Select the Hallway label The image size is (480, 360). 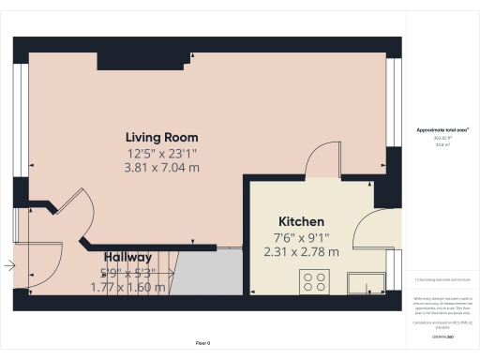click(x=127, y=257)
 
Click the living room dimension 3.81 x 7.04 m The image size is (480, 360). click(x=162, y=167)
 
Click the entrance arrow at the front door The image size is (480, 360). click(x=9, y=266)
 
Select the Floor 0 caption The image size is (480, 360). click(x=202, y=343)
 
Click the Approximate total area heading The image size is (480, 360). click(x=442, y=129)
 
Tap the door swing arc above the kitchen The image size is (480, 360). click(x=323, y=158)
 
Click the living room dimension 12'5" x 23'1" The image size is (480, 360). click(x=162, y=152)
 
